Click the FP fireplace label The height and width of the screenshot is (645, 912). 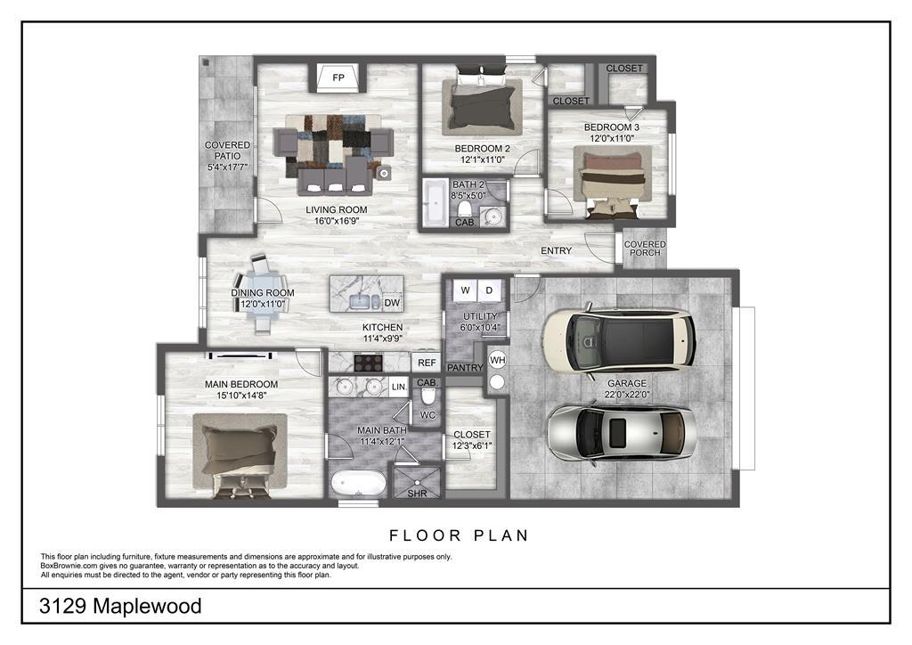pos(338,78)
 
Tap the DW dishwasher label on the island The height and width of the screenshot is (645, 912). pos(392,303)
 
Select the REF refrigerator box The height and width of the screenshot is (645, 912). pos(427,363)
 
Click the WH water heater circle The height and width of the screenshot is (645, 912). pos(497,361)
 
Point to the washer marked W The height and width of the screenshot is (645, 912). pos(465,290)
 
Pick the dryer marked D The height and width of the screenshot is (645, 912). pos(489,290)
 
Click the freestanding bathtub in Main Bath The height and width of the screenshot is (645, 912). pos(358,483)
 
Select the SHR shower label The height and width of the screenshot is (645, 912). pos(417,494)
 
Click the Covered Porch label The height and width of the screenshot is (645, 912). pos(645,249)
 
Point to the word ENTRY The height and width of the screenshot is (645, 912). pos(556,250)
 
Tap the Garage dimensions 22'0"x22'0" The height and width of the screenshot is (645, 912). pos(627,395)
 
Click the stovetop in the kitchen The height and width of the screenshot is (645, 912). pos(368,363)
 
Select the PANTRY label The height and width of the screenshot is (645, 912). pos(465,368)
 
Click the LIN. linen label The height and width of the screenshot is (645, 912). pos(399,387)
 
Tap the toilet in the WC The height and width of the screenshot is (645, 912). pos(428,395)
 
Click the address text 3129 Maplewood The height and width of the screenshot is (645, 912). pos(120,606)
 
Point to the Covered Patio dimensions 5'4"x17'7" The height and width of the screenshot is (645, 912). pos(227,167)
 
